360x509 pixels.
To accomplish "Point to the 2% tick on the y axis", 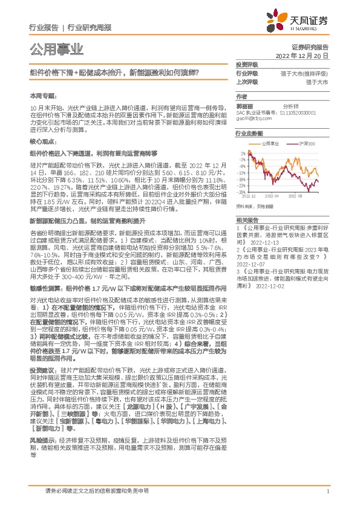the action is tap(242, 152).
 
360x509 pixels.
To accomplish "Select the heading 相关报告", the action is tap(246, 203).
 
